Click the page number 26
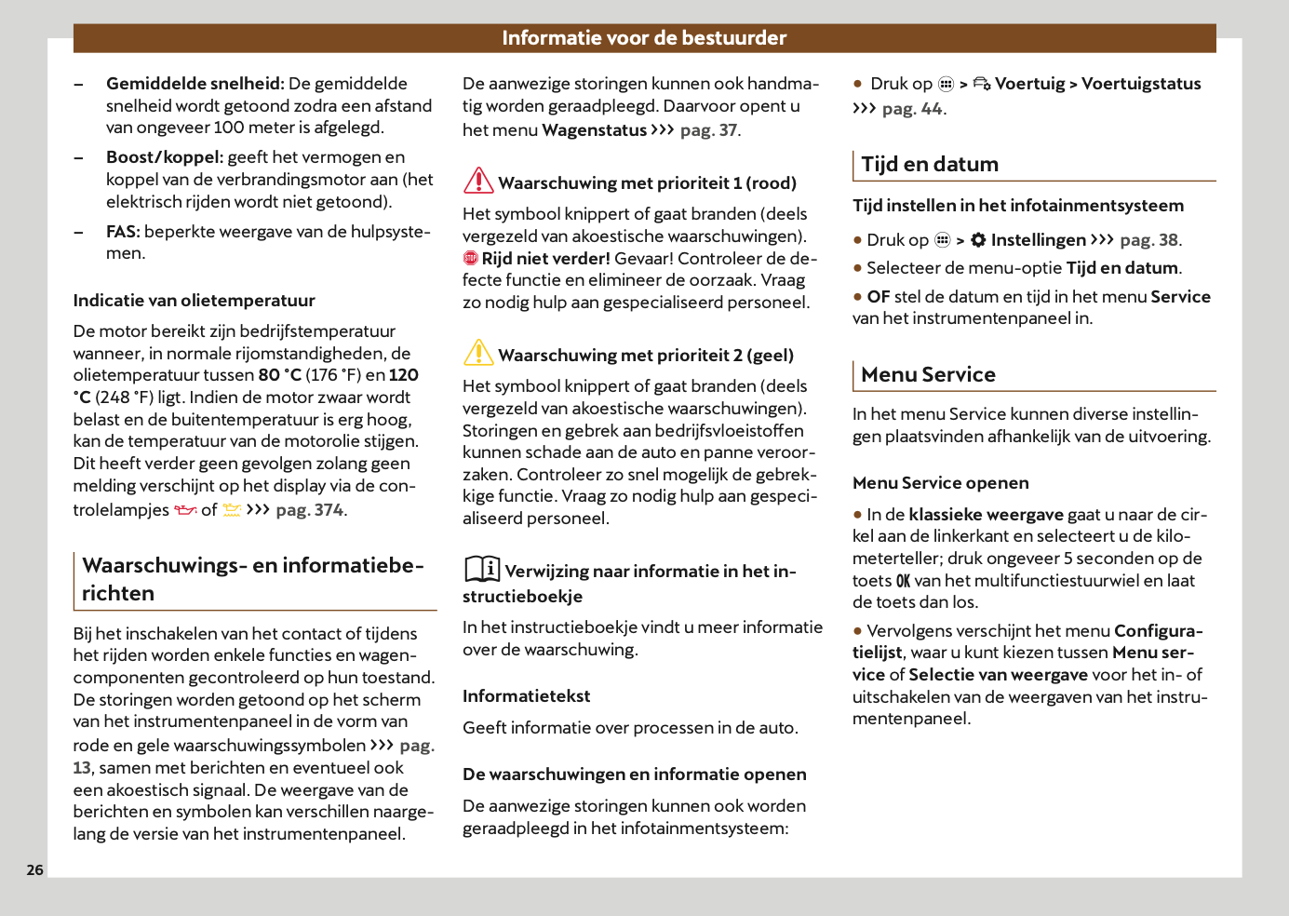(x=34, y=869)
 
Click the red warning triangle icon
(x=478, y=181)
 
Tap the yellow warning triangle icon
(x=478, y=353)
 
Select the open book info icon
(x=482, y=569)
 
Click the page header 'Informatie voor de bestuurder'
(x=644, y=38)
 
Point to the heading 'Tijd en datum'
(x=929, y=165)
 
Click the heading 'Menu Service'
(x=928, y=375)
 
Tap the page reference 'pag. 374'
(x=309, y=510)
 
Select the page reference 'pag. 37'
(x=708, y=130)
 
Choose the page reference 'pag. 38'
(x=1148, y=240)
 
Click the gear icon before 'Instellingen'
(x=978, y=240)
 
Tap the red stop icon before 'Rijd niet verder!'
(x=471, y=259)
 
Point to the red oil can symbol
(x=186, y=510)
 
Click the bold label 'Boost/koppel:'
(x=165, y=157)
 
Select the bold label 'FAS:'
(x=123, y=232)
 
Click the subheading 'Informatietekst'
(x=526, y=696)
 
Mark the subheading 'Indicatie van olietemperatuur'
(x=194, y=301)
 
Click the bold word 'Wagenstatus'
(x=594, y=130)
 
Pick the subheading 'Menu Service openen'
(x=940, y=483)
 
